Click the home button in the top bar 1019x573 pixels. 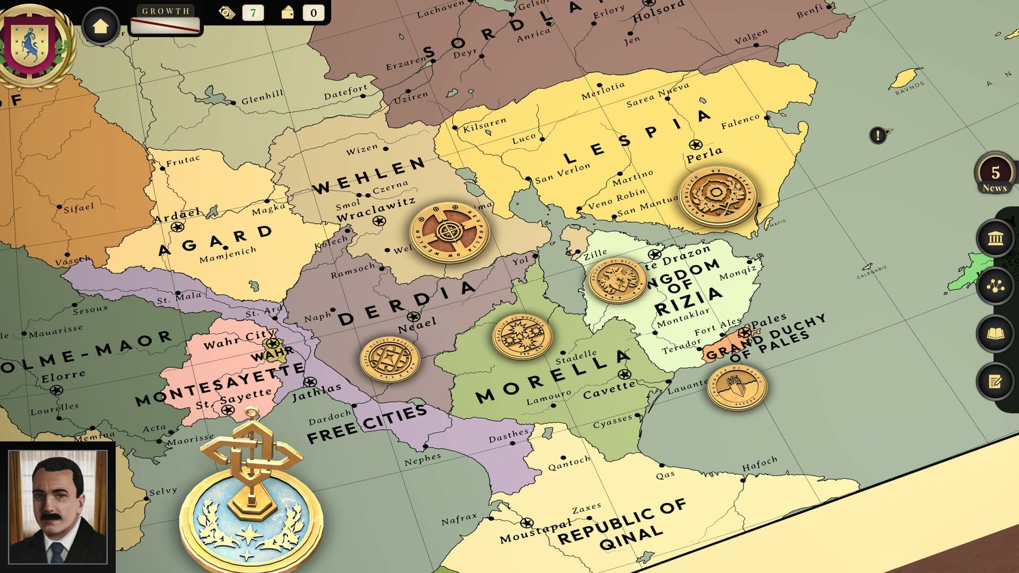click(100, 26)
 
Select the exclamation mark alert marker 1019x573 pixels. click(878, 135)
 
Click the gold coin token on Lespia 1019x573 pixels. click(718, 196)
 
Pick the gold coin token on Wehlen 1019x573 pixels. click(449, 232)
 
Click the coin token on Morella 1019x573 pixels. click(522, 336)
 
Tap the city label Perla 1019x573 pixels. click(704, 154)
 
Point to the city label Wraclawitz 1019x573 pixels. click(375, 210)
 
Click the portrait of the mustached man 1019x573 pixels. click(58, 506)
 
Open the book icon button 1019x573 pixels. click(995, 334)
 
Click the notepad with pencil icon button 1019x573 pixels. click(995, 381)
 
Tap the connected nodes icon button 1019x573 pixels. click(995, 286)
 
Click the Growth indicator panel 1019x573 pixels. click(165, 20)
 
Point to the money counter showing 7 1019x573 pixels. click(253, 13)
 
